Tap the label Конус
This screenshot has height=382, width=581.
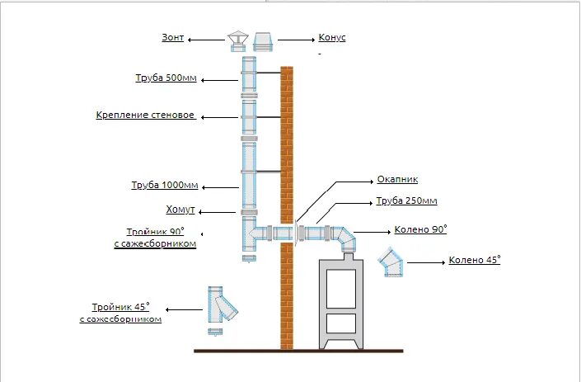[331, 39]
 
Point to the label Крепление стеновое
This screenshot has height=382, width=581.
[146, 116]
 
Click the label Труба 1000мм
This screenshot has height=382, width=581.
[166, 185]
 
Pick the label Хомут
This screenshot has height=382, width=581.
[180, 210]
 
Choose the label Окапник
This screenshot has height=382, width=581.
[397, 178]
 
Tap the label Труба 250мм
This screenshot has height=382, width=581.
[406, 200]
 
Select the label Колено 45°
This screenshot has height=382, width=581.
[475, 261]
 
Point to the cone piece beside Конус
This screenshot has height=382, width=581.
[263, 40]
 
